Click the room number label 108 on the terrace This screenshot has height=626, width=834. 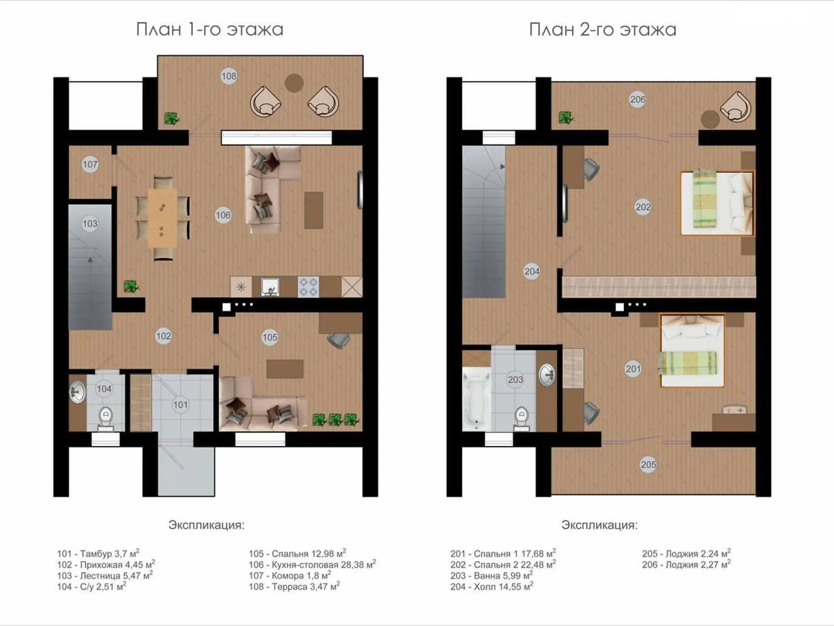click(x=229, y=76)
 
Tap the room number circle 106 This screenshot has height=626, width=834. click(x=223, y=215)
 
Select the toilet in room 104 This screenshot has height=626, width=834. click(x=106, y=418)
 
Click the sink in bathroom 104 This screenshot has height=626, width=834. click(x=78, y=392)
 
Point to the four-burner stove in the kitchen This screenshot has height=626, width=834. click(x=308, y=287)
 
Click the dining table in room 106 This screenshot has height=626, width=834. click(x=163, y=218)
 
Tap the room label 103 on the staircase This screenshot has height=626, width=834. click(x=90, y=223)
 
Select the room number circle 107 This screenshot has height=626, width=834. click(x=90, y=164)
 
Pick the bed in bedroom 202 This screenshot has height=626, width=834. click(x=717, y=203)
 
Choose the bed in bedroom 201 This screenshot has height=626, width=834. click(x=692, y=351)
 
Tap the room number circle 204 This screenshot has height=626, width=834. click(x=532, y=271)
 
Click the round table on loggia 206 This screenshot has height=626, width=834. click(x=710, y=119)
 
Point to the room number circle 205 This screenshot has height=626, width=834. click(x=648, y=464)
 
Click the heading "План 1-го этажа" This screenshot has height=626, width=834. click(x=210, y=30)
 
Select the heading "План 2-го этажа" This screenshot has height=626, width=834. click(x=603, y=30)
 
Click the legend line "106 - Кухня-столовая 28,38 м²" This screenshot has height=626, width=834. click(x=312, y=564)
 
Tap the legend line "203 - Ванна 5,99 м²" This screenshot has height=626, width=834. click(x=492, y=575)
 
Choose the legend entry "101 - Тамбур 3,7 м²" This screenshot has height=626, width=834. click(x=98, y=553)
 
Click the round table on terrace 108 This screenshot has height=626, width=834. click(x=294, y=83)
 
